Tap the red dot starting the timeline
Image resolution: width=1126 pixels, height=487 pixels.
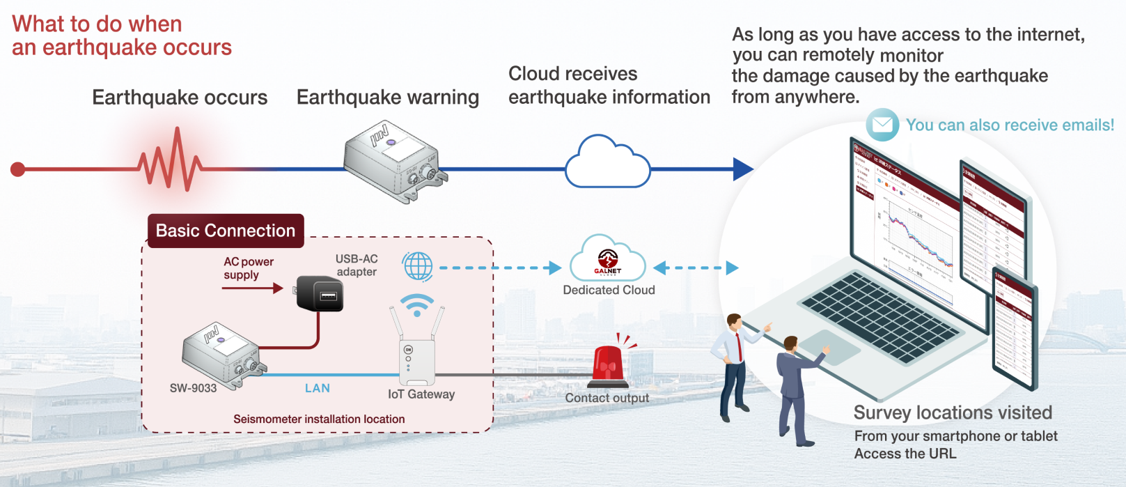pyautogui.click(x=18, y=169)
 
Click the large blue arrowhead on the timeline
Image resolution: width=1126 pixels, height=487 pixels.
pyautogui.click(x=742, y=169)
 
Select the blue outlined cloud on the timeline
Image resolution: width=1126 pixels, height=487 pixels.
pyautogui.click(x=607, y=163)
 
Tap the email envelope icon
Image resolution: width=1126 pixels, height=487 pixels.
pyautogui.click(x=882, y=125)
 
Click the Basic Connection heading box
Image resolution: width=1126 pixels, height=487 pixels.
pyautogui.click(x=226, y=231)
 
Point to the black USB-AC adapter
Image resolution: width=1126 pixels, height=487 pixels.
pyautogui.click(x=320, y=293)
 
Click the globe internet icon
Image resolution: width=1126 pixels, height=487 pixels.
pyautogui.click(x=418, y=267)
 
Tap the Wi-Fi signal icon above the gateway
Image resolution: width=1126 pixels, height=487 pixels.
pyautogui.click(x=417, y=305)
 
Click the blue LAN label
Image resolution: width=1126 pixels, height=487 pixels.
pyautogui.click(x=318, y=388)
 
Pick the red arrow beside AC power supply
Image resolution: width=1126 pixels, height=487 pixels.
pyautogui.click(x=253, y=288)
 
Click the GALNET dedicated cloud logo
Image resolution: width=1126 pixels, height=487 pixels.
pyautogui.click(x=607, y=261)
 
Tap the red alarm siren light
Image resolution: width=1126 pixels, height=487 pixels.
pyautogui.click(x=609, y=363)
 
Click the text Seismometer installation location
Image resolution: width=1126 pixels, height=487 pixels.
pyautogui.click(x=319, y=419)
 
